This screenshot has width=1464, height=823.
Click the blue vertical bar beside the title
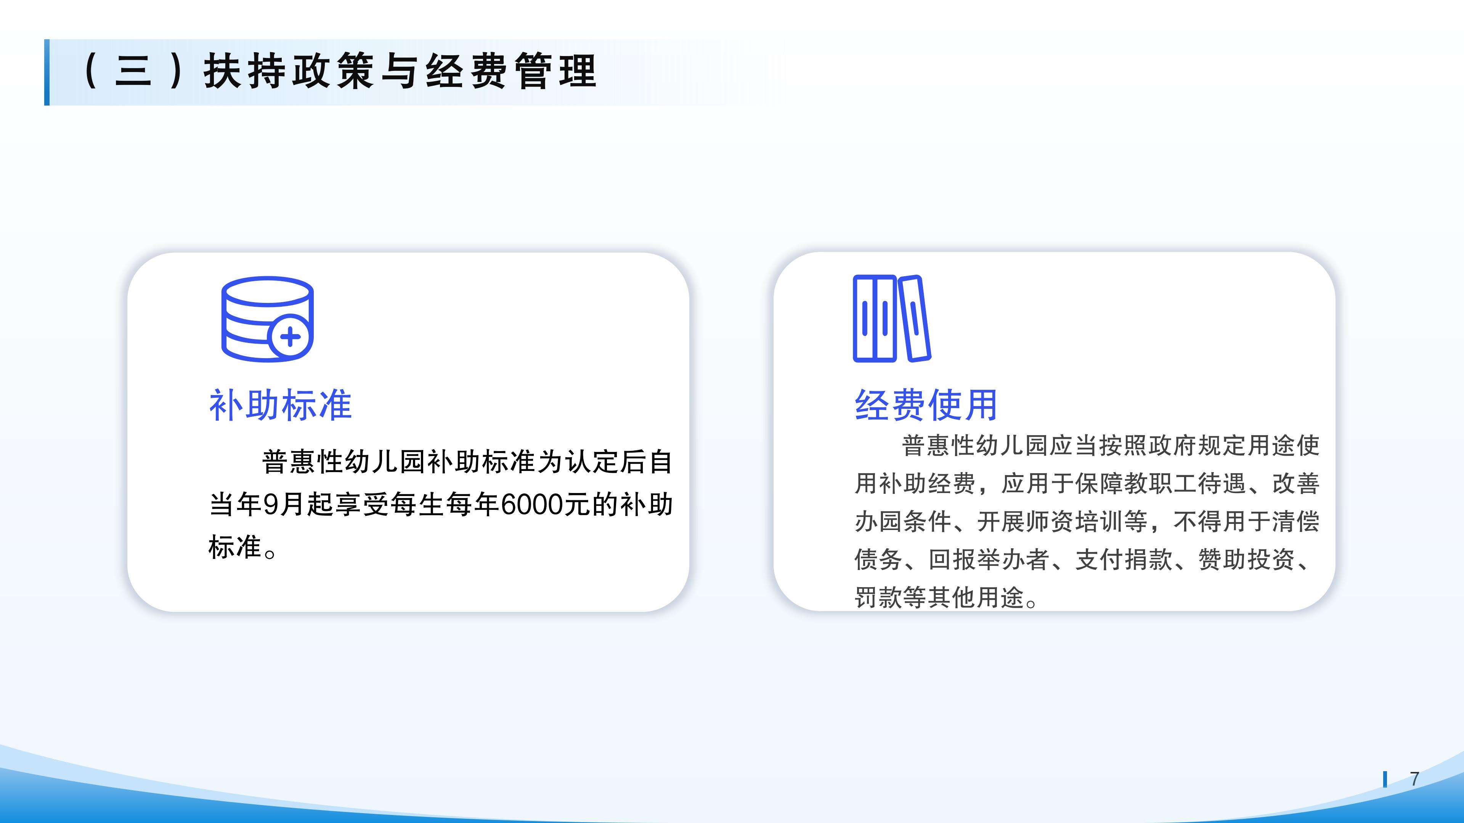(x=47, y=72)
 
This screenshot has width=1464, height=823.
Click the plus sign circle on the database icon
(x=290, y=337)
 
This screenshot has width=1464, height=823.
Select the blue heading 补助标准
(x=281, y=405)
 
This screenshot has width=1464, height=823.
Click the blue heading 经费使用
(x=926, y=405)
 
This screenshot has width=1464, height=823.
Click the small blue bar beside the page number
(x=1385, y=779)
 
